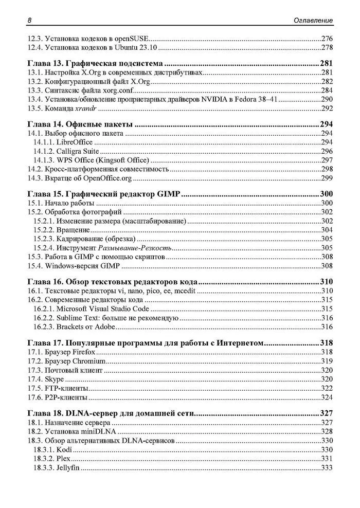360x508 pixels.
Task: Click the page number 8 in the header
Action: pyautogui.click(x=30, y=20)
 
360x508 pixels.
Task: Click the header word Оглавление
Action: pyautogui.click(x=311, y=20)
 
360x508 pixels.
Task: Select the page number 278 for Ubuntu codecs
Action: pyautogui.click(x=327, y=48)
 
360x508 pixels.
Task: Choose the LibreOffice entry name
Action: pyautogui.click(x=72, y=142)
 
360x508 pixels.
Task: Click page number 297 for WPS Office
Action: pyautogui.click(x=327, y=160)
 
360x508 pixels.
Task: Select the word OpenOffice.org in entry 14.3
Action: pyautogui.click(x=111, y=178)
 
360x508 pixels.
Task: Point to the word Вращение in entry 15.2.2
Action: pyautogui.click(x=74, y=230)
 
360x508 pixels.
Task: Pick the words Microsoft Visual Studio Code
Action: pyautogui.click(x=103, y=309)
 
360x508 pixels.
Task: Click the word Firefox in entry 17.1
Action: pyautogui.click(x=84, y=352)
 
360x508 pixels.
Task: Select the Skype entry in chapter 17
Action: pyautogui.click(x=55, y=379)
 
